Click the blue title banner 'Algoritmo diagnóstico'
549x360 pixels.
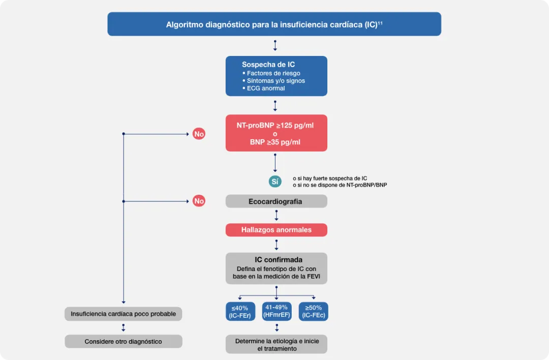274,24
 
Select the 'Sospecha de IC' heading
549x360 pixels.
268,65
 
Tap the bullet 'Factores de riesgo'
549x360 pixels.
273,73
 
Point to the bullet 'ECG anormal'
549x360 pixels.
265,88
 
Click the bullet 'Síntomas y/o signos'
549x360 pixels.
276,81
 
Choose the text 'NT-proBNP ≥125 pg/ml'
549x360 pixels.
275,125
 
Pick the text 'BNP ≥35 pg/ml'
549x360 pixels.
275,142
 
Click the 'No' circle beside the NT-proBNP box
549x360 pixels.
199,134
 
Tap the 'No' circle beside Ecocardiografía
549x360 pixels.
199,201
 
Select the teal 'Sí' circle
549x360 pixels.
275,182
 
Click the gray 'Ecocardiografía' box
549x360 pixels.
276,201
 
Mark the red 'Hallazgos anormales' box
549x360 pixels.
276,230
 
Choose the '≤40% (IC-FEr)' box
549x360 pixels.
240,312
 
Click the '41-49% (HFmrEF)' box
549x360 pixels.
277,311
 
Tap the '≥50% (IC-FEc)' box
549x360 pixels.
313,312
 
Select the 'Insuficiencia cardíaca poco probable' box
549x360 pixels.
123,314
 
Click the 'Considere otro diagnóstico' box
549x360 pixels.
123,342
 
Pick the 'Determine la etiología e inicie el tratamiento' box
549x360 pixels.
277,344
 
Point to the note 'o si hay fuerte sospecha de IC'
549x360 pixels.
329,178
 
